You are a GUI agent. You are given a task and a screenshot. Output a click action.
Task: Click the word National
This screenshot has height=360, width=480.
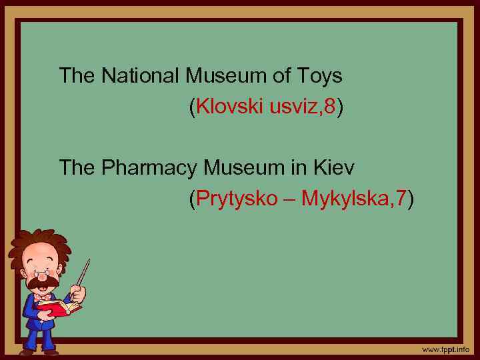tap(141, 76)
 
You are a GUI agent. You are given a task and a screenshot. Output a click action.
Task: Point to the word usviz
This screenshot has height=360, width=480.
tap(294, 107)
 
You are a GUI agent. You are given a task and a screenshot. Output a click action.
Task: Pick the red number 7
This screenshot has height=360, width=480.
tap(401, 198)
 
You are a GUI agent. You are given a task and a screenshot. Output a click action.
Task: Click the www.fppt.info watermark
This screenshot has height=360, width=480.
tap(445, 349)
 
